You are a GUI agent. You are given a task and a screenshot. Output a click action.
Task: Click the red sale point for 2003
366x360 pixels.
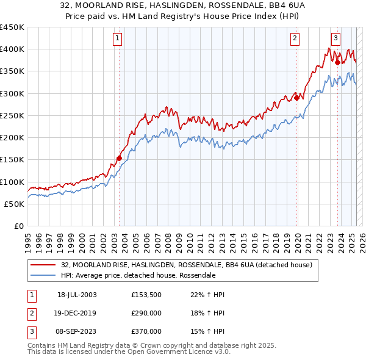coord(120,159)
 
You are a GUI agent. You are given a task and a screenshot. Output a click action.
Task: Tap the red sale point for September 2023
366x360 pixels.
coord(337,62)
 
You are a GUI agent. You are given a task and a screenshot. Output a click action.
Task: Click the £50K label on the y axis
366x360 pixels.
coord(14,204)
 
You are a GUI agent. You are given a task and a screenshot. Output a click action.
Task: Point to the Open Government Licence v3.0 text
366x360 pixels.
coord(171,352)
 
